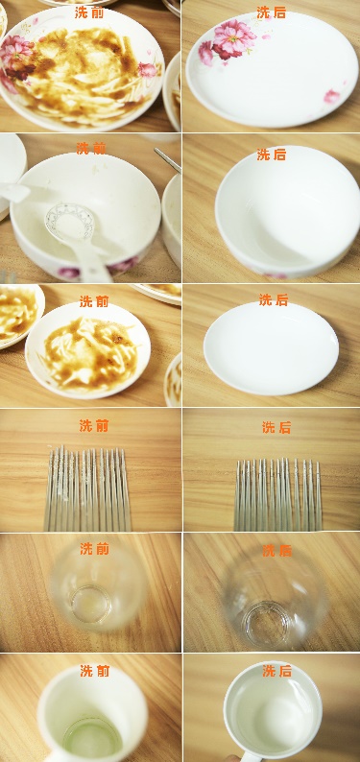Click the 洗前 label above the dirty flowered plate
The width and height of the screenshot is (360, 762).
coord(89,12)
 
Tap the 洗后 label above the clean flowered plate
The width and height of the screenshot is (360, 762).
coord(271,12)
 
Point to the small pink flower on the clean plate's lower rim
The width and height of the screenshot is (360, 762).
coord(332,96)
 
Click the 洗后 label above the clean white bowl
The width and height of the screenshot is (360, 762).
coord(271,155)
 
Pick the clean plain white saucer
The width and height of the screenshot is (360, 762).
coord(271,347)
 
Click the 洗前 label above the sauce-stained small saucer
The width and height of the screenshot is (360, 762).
coord(94,301)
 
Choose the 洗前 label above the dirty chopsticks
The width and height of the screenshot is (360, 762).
coord(94,426)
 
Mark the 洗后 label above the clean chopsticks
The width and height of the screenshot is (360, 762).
coord(276,427)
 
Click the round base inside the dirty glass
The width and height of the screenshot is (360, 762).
coord(91,605)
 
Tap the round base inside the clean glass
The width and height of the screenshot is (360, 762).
coord(268,623)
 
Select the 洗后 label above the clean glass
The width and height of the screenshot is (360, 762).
coord(276,551)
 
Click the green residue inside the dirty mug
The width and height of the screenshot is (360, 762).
coord(92,736)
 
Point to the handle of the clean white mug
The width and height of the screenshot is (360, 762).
coord(252,757)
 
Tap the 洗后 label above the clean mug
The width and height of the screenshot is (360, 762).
coord(276,671)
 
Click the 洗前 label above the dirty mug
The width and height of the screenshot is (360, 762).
coord(95,671)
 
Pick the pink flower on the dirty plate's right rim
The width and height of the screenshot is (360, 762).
coord(147,70)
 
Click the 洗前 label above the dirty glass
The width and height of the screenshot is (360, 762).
coord(95,549)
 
